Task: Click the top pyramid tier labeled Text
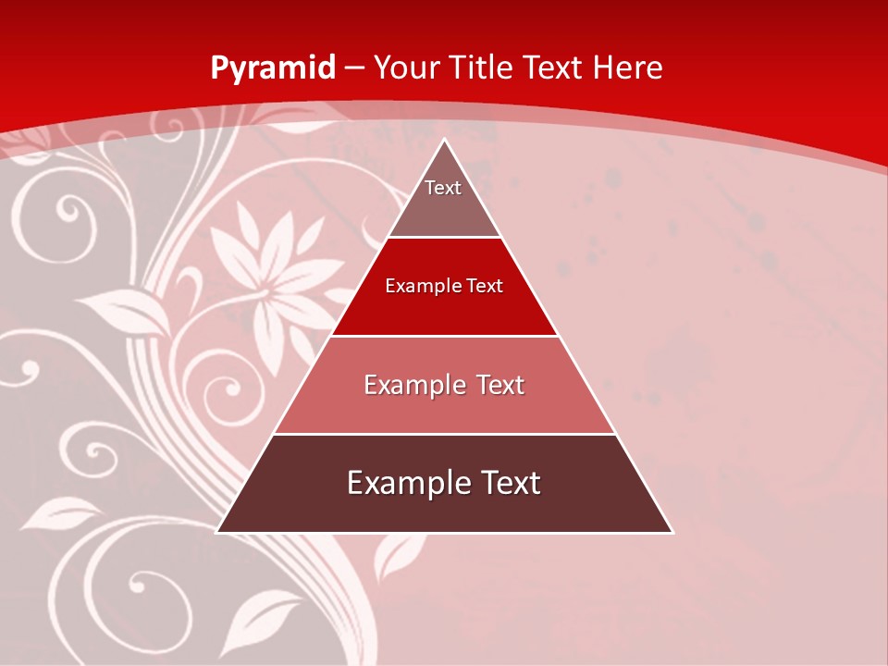click(443, 199)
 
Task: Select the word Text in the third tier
click(500, 385)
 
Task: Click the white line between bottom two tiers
click(445, 434)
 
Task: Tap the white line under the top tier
click(445, 238)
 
